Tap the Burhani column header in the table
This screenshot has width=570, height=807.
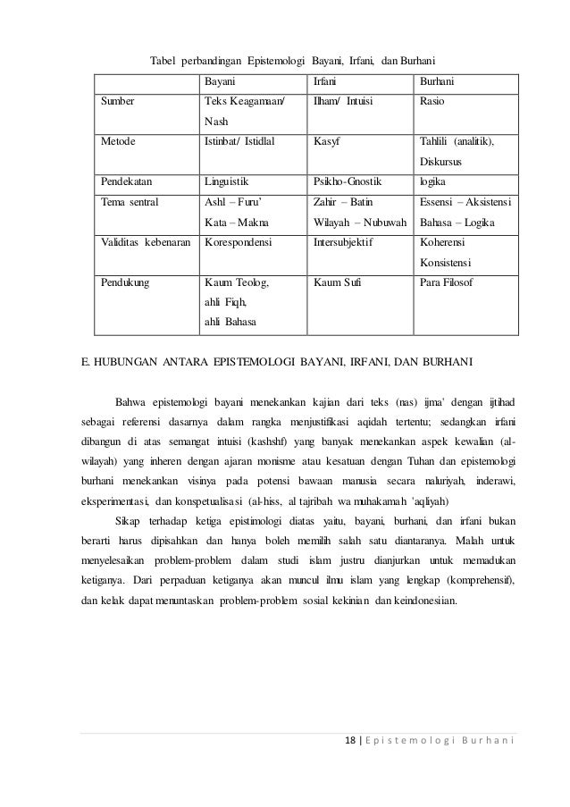(436, 81)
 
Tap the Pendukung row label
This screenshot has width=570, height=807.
(126, 282)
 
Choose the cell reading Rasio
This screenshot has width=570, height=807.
(432, 101)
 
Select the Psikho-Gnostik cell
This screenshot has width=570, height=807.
(347, 181)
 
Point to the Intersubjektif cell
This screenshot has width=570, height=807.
(344, 241)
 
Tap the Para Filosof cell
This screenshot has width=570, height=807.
(447, 282)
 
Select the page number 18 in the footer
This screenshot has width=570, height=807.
(351, 744)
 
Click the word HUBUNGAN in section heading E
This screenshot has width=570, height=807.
(125, 362)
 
